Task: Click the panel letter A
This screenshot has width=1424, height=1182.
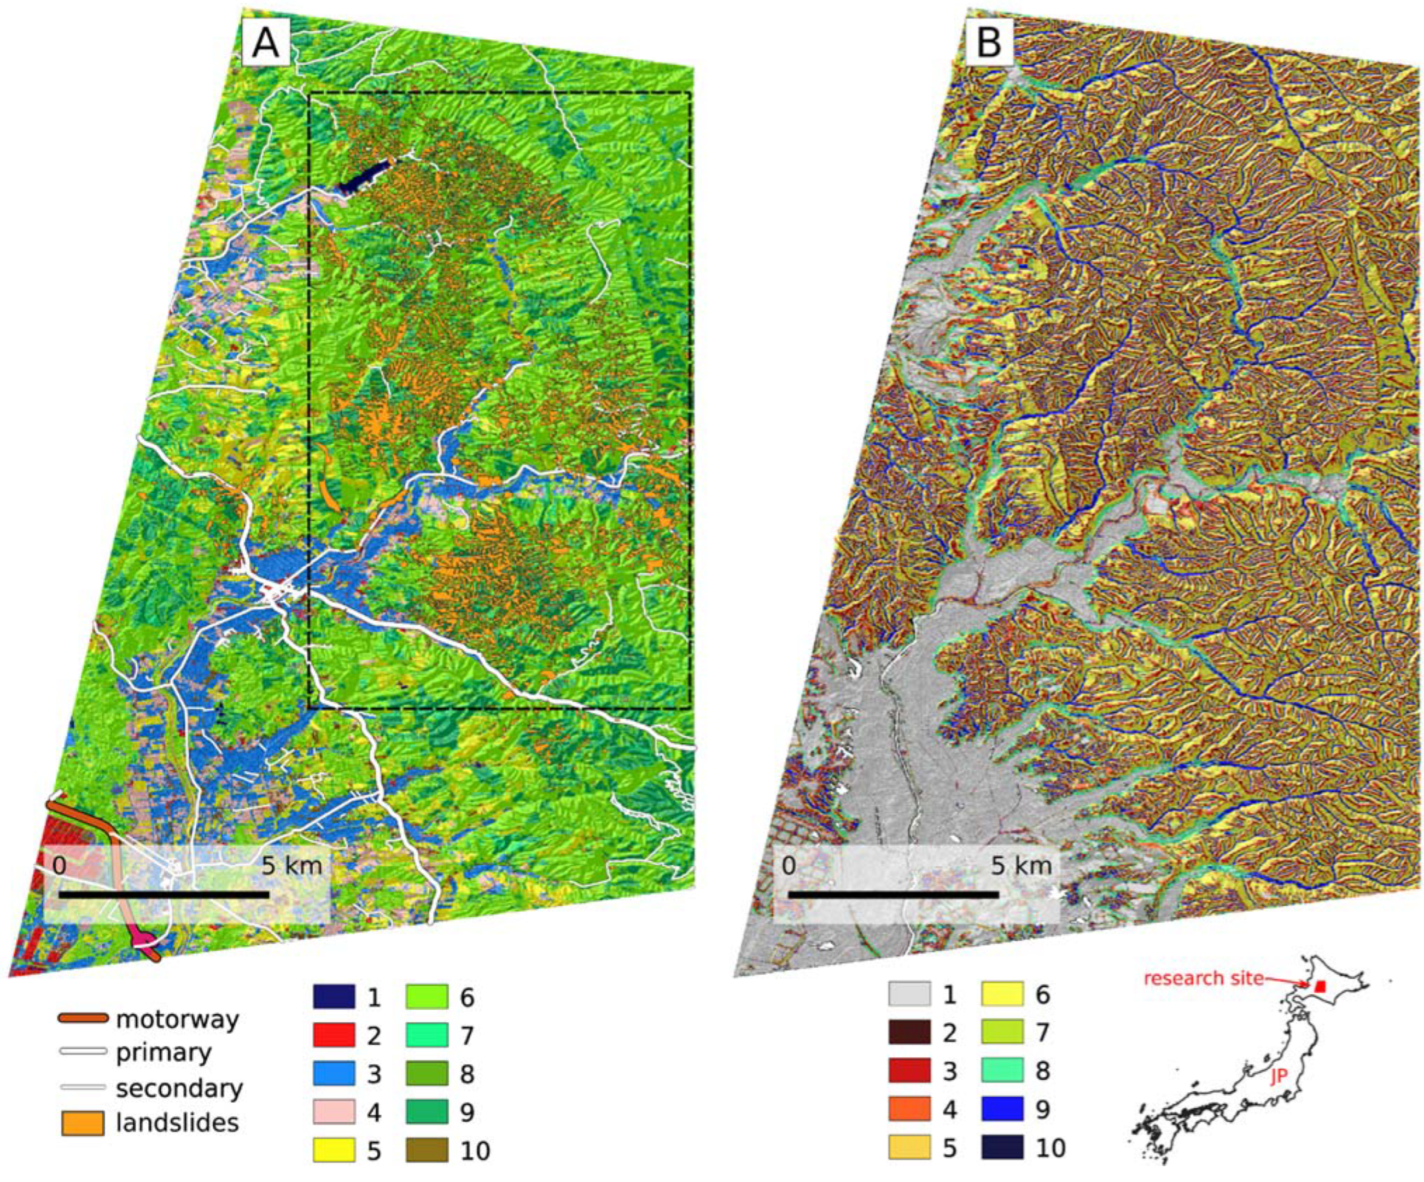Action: tap(265, 45)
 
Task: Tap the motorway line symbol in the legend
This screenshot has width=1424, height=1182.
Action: tap(82, 1018)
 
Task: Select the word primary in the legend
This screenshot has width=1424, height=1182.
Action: tap(164, 1052)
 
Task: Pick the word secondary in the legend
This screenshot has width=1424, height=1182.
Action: tap(179, 1088)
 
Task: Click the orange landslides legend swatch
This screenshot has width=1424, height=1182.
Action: tap(82, 1123)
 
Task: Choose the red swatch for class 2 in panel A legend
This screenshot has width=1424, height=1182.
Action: tap(333, 1035)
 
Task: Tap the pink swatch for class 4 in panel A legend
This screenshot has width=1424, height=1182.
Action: tap(333, 1111)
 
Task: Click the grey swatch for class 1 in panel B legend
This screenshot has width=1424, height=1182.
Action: tap(909, 994)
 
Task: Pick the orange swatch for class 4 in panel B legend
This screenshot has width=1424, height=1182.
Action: tap(909, 1109)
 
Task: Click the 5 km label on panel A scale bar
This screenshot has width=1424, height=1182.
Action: tap(291, 866)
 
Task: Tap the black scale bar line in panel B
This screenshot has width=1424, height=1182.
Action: tap(892, 894)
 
